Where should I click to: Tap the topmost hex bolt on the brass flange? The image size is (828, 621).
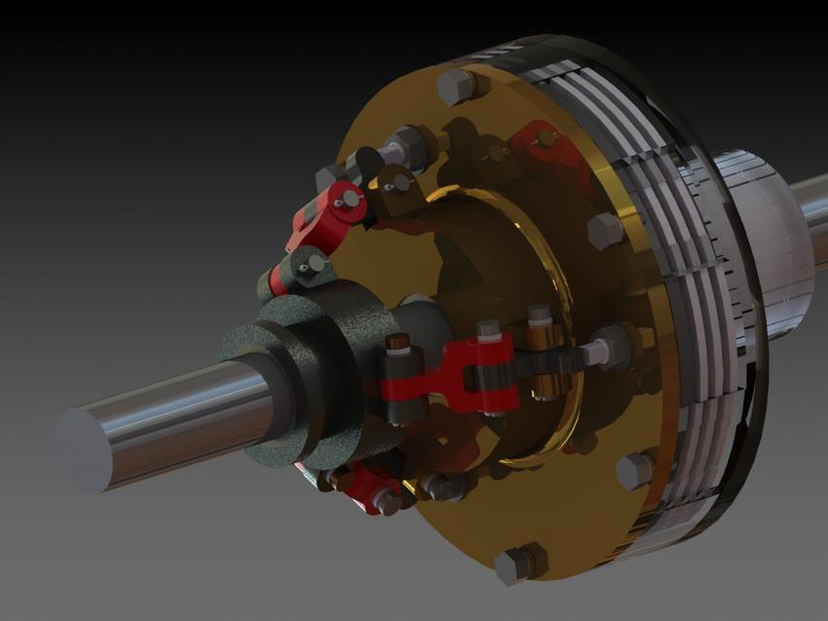pyautogui.click(x=456, y=86)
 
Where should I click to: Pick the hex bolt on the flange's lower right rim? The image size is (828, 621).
pyautogui.click(x=635, y=471)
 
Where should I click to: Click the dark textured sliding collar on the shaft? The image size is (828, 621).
pyautogui.click(x=291, y=378)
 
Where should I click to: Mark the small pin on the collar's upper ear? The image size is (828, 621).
pyautogui.click(x=313, y=262)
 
